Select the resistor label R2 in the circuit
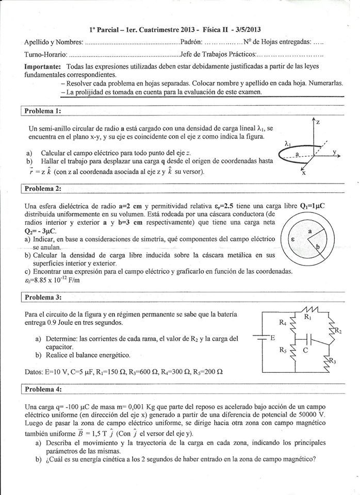pyautogui.click(x=338, y=331)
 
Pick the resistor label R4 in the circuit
pyautogui.click(x=282, y=324)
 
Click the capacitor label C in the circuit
pyautogui.click(x=305, y=350)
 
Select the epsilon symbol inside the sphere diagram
pyautogui.click(x=293, y=239)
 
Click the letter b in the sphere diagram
pyautogui.click(x=318, y=247)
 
